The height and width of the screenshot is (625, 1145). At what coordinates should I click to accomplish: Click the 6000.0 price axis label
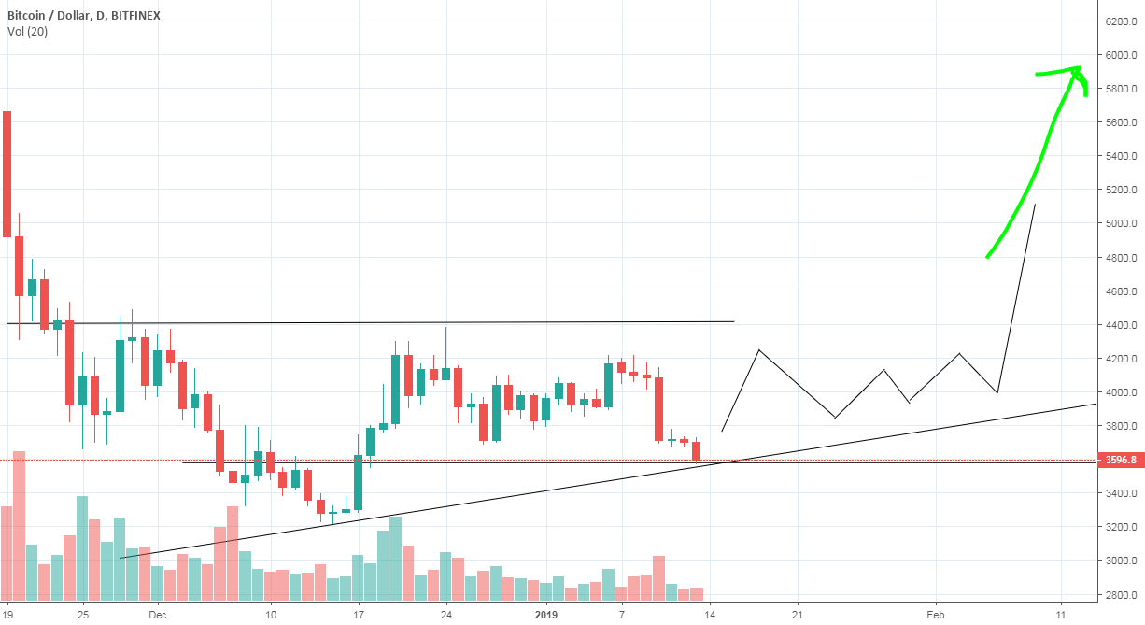1120,55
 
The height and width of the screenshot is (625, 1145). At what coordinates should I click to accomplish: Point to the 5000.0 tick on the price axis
1120,223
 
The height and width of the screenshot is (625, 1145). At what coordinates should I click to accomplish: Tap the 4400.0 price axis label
1120,325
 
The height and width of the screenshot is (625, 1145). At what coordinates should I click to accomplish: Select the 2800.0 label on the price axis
1120,594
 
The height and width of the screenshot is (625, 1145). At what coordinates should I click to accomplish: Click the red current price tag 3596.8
1120,460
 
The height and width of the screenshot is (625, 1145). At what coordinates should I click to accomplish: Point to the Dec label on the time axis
157,614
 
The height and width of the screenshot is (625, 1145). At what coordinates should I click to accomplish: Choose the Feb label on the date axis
936,614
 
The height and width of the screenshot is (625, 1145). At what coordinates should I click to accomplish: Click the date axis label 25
82,614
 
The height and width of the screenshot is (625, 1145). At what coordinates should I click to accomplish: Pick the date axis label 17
358,614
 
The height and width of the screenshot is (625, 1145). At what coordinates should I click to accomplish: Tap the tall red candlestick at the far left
7,174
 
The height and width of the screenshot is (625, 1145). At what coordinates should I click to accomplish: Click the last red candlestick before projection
697,450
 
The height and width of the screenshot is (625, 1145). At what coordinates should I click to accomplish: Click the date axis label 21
798,614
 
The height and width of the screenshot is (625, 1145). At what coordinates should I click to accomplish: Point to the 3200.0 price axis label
1120,527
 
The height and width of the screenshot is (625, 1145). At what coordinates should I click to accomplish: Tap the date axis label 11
1062,614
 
